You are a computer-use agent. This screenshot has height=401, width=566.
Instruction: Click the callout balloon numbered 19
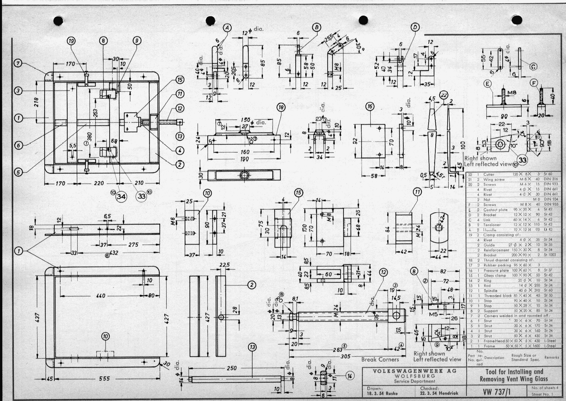(x=71, y=41)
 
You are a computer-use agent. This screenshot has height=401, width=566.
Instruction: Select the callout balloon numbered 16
(x=370, y=107)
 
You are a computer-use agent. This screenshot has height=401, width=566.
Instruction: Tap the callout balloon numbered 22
(x=444, y=95)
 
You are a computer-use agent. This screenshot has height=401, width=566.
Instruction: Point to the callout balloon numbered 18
(x=281, y=107)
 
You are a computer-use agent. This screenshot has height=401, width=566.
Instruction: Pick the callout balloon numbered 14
(x=350, y=375)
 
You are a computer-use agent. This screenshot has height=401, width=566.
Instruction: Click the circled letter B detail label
(x=317, y=27)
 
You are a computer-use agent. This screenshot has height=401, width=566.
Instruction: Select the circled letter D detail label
(x=415, y=27)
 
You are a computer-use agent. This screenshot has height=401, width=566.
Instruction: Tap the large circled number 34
(x=122, y=196)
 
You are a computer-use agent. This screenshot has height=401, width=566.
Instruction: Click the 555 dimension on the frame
(x=104, y=378)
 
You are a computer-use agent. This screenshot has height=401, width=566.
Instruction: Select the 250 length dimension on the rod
(x=232, y=368)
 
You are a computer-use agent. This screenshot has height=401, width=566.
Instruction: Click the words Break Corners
(x=380, y=359)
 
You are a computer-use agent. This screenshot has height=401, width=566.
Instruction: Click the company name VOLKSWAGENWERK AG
(x=415, y=371)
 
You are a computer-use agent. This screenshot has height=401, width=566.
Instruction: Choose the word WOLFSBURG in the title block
(x=415, y=376)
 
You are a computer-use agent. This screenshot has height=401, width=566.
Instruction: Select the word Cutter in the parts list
(x=489, y=174)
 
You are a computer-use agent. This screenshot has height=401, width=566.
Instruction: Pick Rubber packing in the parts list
(x=497, y=265)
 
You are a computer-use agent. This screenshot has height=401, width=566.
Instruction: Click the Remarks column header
(x=551, y=357)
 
